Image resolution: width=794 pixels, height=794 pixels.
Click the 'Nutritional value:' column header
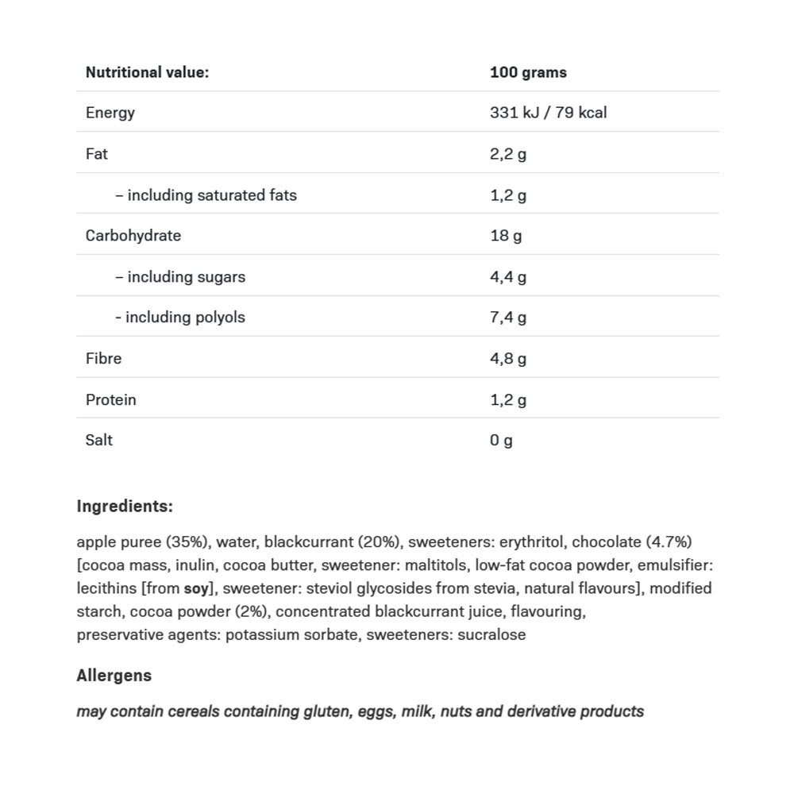click(x=147, y=72)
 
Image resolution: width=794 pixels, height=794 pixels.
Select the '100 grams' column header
click(x=528, y=72)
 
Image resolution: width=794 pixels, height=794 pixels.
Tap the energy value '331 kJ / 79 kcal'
click(x=548, y=113)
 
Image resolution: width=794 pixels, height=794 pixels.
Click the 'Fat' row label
click(x=97, y=154)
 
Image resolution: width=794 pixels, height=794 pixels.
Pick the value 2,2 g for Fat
click(x=508, y=154)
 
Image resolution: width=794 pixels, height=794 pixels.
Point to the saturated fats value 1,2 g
click(x=508, y=195)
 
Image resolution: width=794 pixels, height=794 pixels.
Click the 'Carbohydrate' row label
click(x=133, y=236)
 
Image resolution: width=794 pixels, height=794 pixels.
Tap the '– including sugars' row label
click(x=180, y=277)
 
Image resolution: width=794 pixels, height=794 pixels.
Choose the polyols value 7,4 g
click(x=508, y=318)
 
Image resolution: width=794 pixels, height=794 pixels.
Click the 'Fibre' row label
click(x=104, y=359)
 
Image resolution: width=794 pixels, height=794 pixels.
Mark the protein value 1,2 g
click(x=508, y=400)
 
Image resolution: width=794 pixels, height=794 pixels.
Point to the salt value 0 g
click(x=501, y=441)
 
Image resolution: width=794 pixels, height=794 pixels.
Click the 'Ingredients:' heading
click(x=125, y=507)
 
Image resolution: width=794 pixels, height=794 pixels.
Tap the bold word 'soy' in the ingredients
click(x=196, y=589)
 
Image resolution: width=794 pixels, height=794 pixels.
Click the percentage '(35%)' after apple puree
click(x=187, y=542)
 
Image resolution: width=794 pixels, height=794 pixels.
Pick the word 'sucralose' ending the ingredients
click(x=491, y=635)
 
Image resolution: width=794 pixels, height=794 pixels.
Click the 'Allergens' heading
click(x=114, y=676)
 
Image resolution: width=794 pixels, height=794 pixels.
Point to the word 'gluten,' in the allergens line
click(x=327, y=711)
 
